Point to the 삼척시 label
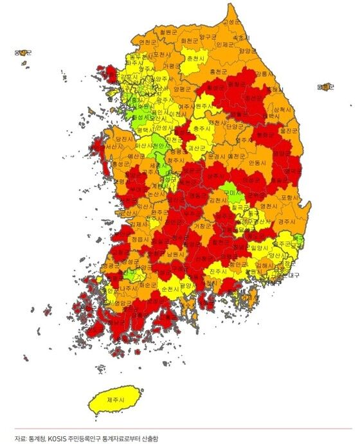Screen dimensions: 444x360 point(283,111)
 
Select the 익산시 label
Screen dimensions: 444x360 point(145,207)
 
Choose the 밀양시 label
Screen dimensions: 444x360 point(260,247)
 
